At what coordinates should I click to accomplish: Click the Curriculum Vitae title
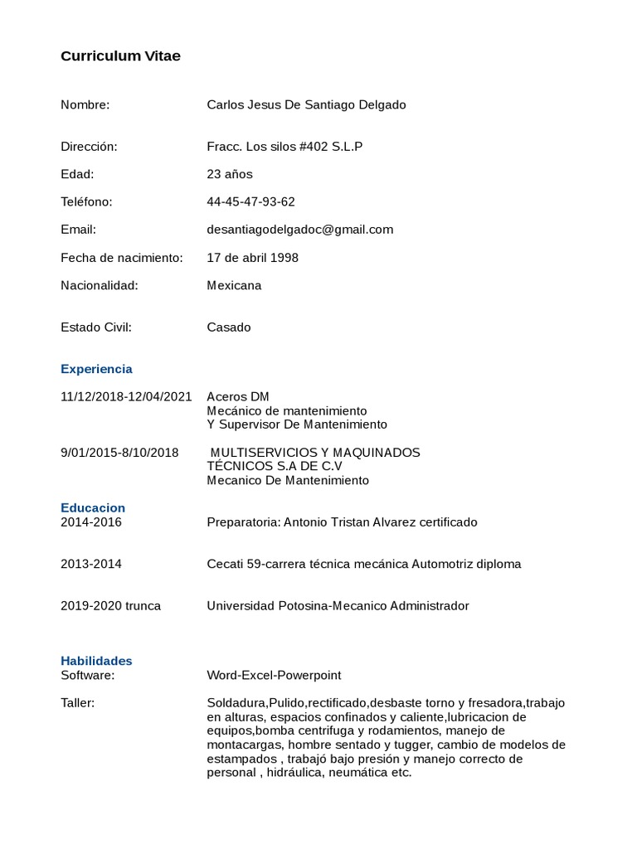pos(120,56)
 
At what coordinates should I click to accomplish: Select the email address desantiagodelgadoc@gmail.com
pos(299,230)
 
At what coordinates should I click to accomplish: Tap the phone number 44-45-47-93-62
pos(250,201)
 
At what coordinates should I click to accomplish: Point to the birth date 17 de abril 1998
pos(252,258)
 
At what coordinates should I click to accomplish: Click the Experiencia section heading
pos(96,369)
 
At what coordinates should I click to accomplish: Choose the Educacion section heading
pos(93,507)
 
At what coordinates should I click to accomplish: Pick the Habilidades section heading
pos(96,661)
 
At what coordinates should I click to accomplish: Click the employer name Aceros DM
pos(238,396)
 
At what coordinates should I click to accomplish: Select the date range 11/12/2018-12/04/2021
pos(126,396)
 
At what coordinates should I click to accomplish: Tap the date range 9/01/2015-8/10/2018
pos(119,453)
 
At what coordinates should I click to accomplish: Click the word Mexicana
pos(234,285)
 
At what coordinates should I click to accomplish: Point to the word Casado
pos(228,327)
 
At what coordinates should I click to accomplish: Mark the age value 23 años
pos(230,174)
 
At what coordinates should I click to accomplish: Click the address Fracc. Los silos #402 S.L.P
pos(284,147)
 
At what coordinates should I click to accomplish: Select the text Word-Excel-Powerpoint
pos(274,675)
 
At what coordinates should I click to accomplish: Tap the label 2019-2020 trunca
pos(110,606)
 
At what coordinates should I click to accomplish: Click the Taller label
pos(77,703)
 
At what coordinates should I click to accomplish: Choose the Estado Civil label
pos(96,327)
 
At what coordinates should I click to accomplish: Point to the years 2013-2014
pos(91,564)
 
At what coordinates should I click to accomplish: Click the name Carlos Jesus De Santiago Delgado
pos(306,104)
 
